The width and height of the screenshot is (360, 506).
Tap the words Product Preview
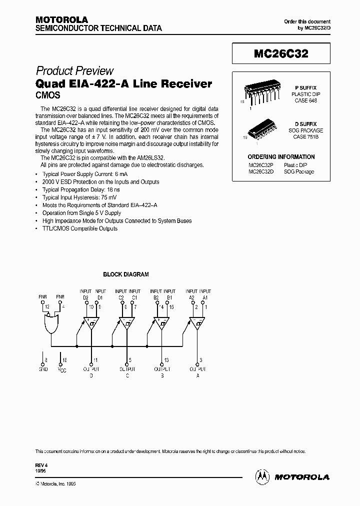tap(74, 71)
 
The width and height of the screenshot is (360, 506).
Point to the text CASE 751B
tap(305, 136)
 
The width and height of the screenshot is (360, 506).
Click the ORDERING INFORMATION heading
tap(281, 156)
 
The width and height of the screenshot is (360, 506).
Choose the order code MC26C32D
tap(260, 171)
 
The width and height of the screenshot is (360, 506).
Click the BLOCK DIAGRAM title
tap(125, 274)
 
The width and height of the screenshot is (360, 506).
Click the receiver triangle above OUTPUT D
tap(91, 324)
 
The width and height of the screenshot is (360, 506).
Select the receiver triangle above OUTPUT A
tap(196, 324)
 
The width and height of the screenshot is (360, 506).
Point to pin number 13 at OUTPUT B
tap(166, 359)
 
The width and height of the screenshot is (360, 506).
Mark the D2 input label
tap(85, 297)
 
